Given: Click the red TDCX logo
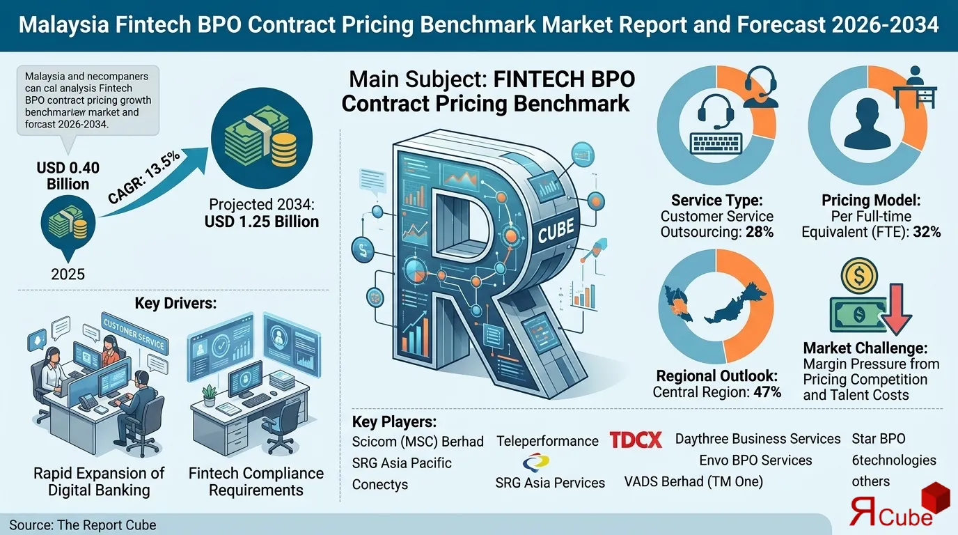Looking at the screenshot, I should [x=636, y=440].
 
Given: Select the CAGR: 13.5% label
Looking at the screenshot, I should [x=144, y=178].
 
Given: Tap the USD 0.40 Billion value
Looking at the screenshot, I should [x=68, y=176].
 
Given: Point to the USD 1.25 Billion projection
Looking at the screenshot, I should [x=261, y=222].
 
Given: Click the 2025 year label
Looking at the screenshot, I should [x=68, y=273].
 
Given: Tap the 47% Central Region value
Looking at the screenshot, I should [x=767, y=392].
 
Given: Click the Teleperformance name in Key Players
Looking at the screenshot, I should [x=547, y=441].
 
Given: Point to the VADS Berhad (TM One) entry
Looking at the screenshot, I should [x=693, y=481].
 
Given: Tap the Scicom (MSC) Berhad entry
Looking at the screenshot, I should [x=418, y=442].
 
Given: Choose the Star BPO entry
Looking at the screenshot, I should [x=879, y=439].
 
